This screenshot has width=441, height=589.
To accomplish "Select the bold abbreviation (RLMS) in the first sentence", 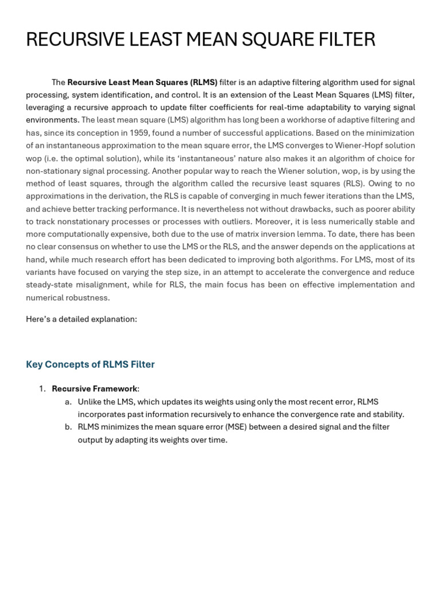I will click(x=204, y=82).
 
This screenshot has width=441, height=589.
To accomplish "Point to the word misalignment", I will click(x=107, y=285).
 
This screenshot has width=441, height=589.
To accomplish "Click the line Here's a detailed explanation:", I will click(x=82, y=319).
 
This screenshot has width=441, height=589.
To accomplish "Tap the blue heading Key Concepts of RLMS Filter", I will click(x=90, y=364).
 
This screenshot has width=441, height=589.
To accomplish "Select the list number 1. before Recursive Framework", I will click(x=42, y=389).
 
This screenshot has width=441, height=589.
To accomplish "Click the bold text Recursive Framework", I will click(x=94, y=389).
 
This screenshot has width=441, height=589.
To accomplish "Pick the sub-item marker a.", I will click(x=68, y=401).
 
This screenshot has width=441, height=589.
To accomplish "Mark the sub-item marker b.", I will click(x=68, y=427).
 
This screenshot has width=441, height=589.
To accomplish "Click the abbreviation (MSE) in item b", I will click(x=236, y=427).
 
